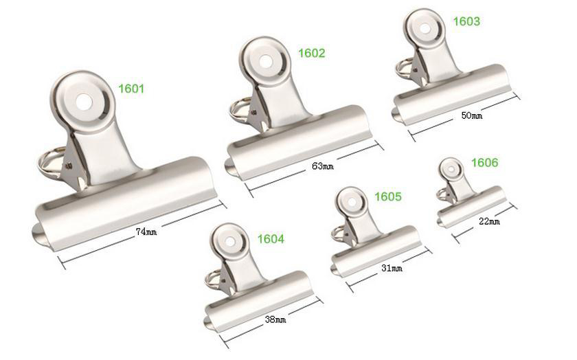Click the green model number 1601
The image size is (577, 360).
click(x=131, y=89)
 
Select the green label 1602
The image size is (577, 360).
click(x=312, y=53)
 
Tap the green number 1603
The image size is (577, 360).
click(x=466, y=21)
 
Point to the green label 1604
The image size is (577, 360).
click(x=271, y=239)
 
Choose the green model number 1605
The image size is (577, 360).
click(x=388, y=196)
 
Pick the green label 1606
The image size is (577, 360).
click(x=485, y=162)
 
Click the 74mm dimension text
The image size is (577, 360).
click(x=146, y=232)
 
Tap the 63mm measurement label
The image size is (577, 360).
click(x=323, y=166)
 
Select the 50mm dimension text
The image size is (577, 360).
click(x=472, y=115)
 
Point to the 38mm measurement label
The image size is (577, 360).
click(x=275, y=319)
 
